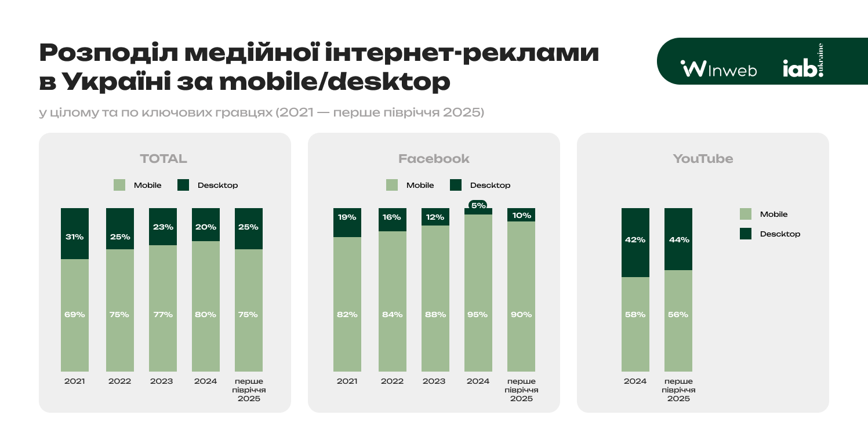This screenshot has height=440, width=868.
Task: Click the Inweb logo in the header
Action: coord(719,69)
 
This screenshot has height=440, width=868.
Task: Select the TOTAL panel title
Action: coord(164,159)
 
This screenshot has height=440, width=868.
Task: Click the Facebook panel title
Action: coord(434,159)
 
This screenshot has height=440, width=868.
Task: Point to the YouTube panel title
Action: coord(703,159)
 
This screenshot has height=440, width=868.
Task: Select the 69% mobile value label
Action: coord(75,315)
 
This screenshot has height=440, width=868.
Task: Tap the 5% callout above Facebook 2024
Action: coord(478,205)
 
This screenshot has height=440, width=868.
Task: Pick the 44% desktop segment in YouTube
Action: coord(678,239)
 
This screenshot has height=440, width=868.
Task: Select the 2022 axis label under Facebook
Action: coord(392,381)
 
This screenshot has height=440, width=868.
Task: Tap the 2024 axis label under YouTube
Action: coord(635,381)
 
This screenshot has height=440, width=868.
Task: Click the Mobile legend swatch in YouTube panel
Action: coord(746,214)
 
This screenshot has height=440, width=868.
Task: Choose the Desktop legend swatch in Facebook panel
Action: coord(456,186)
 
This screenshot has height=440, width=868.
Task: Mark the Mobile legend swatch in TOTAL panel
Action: coord(119,186)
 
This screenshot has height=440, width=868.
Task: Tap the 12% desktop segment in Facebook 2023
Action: coord(435,217)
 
